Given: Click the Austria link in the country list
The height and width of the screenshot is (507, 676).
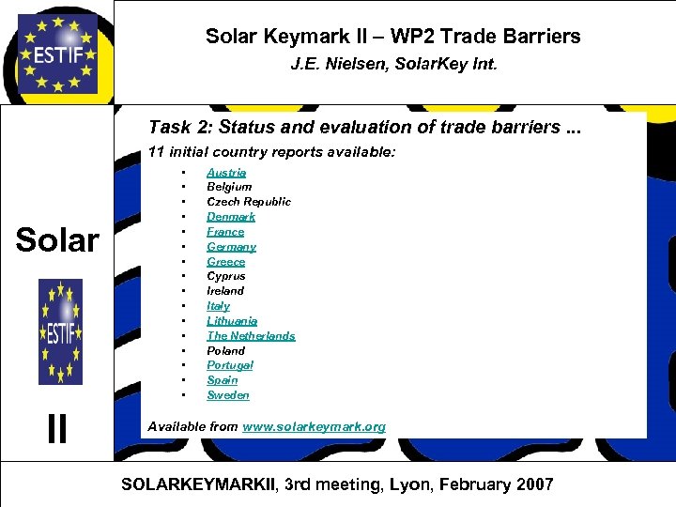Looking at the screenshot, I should tap(226, 172).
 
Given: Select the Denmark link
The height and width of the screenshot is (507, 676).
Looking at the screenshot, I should tap(231, 217).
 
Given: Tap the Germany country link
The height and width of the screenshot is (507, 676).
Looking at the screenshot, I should tap(231, 247).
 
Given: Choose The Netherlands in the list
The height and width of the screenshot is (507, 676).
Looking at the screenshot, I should tap(251, 335).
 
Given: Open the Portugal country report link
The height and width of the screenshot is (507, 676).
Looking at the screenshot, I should tap(230, 365).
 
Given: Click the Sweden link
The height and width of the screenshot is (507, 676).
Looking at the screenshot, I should tap(228, 395).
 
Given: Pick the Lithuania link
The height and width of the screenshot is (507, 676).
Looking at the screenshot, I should tap(232, 321).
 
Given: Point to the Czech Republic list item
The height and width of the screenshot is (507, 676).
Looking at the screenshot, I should tap(249, 202).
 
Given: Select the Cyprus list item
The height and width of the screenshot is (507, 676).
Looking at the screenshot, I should tap(225, 276).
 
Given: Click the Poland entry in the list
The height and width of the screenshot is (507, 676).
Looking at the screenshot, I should tap(225, 350).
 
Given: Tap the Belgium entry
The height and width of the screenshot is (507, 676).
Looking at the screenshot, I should tap(229, 187).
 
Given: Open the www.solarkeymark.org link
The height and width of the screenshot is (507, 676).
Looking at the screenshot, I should tap(314, 426).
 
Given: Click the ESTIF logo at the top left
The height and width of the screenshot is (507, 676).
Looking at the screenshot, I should tap(57, 53).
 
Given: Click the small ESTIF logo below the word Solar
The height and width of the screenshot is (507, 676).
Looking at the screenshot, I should tap(60, 331).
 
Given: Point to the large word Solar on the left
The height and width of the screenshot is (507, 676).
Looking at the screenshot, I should tap(57, 240).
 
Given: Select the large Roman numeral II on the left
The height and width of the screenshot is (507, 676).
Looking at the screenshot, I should tap(57, 429).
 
